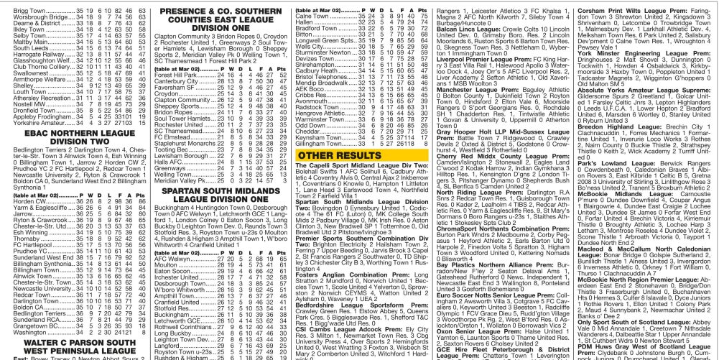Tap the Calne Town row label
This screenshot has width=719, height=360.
pos(312,16)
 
